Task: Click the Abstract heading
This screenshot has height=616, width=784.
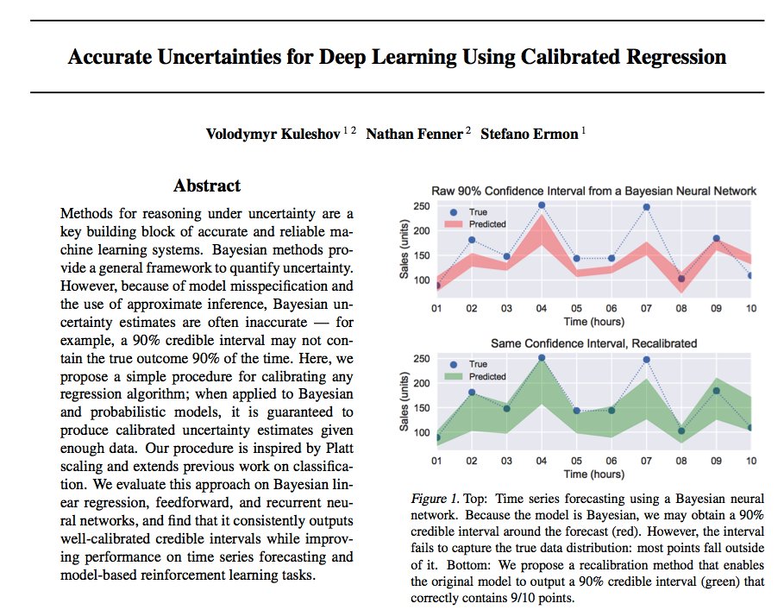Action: (207, 185)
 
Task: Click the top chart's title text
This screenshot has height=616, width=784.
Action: (583, 191)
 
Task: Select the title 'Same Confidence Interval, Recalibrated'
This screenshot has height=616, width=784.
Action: (582, 343)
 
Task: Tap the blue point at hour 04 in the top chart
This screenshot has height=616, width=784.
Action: (542, 205)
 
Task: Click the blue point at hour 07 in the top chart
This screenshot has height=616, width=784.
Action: (646, 207)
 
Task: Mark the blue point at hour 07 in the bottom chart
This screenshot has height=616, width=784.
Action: (646, 359)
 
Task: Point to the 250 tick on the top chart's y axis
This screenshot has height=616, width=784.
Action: (422, 206)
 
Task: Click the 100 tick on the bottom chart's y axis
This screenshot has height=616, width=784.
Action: (422, 431)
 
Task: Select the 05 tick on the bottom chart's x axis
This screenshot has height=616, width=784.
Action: (576, 461)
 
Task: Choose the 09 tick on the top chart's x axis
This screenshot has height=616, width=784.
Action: (716, 309)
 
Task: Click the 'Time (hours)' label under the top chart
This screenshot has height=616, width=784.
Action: (594, 322)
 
